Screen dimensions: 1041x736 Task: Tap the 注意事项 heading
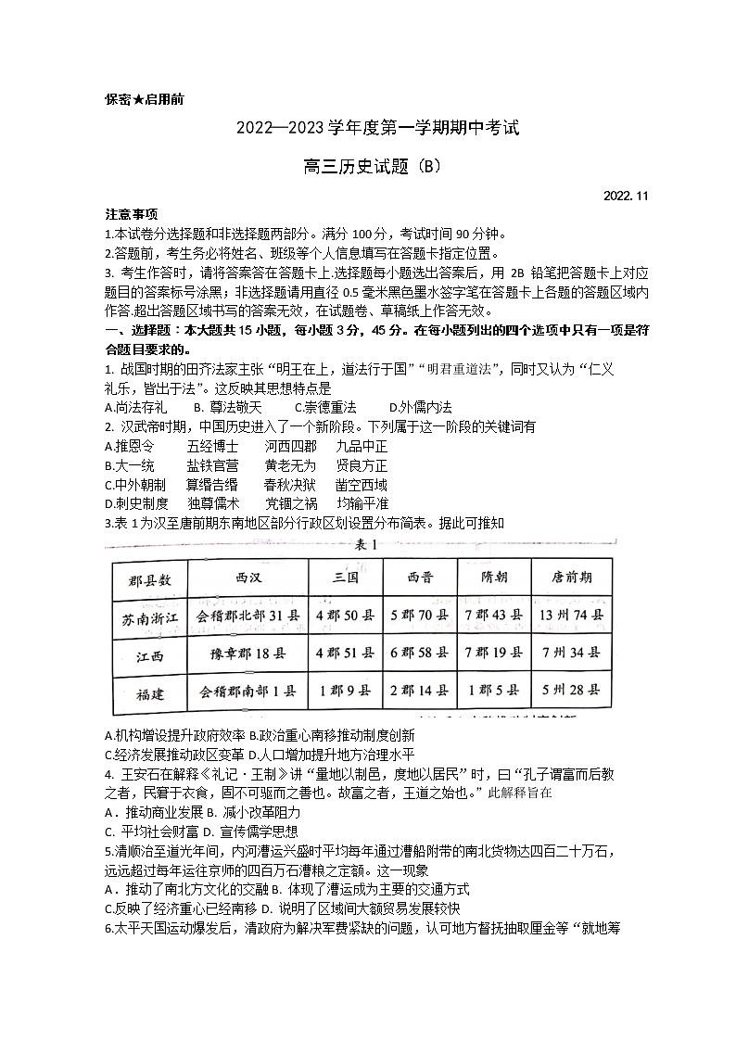tap(131, 214)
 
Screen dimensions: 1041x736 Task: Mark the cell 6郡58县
tap(419, 654)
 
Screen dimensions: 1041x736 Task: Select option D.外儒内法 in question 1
tap(420, 407)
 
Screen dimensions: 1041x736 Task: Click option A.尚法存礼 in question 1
tap(135, 407)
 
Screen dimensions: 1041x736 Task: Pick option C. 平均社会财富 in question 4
tap(151, 832)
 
